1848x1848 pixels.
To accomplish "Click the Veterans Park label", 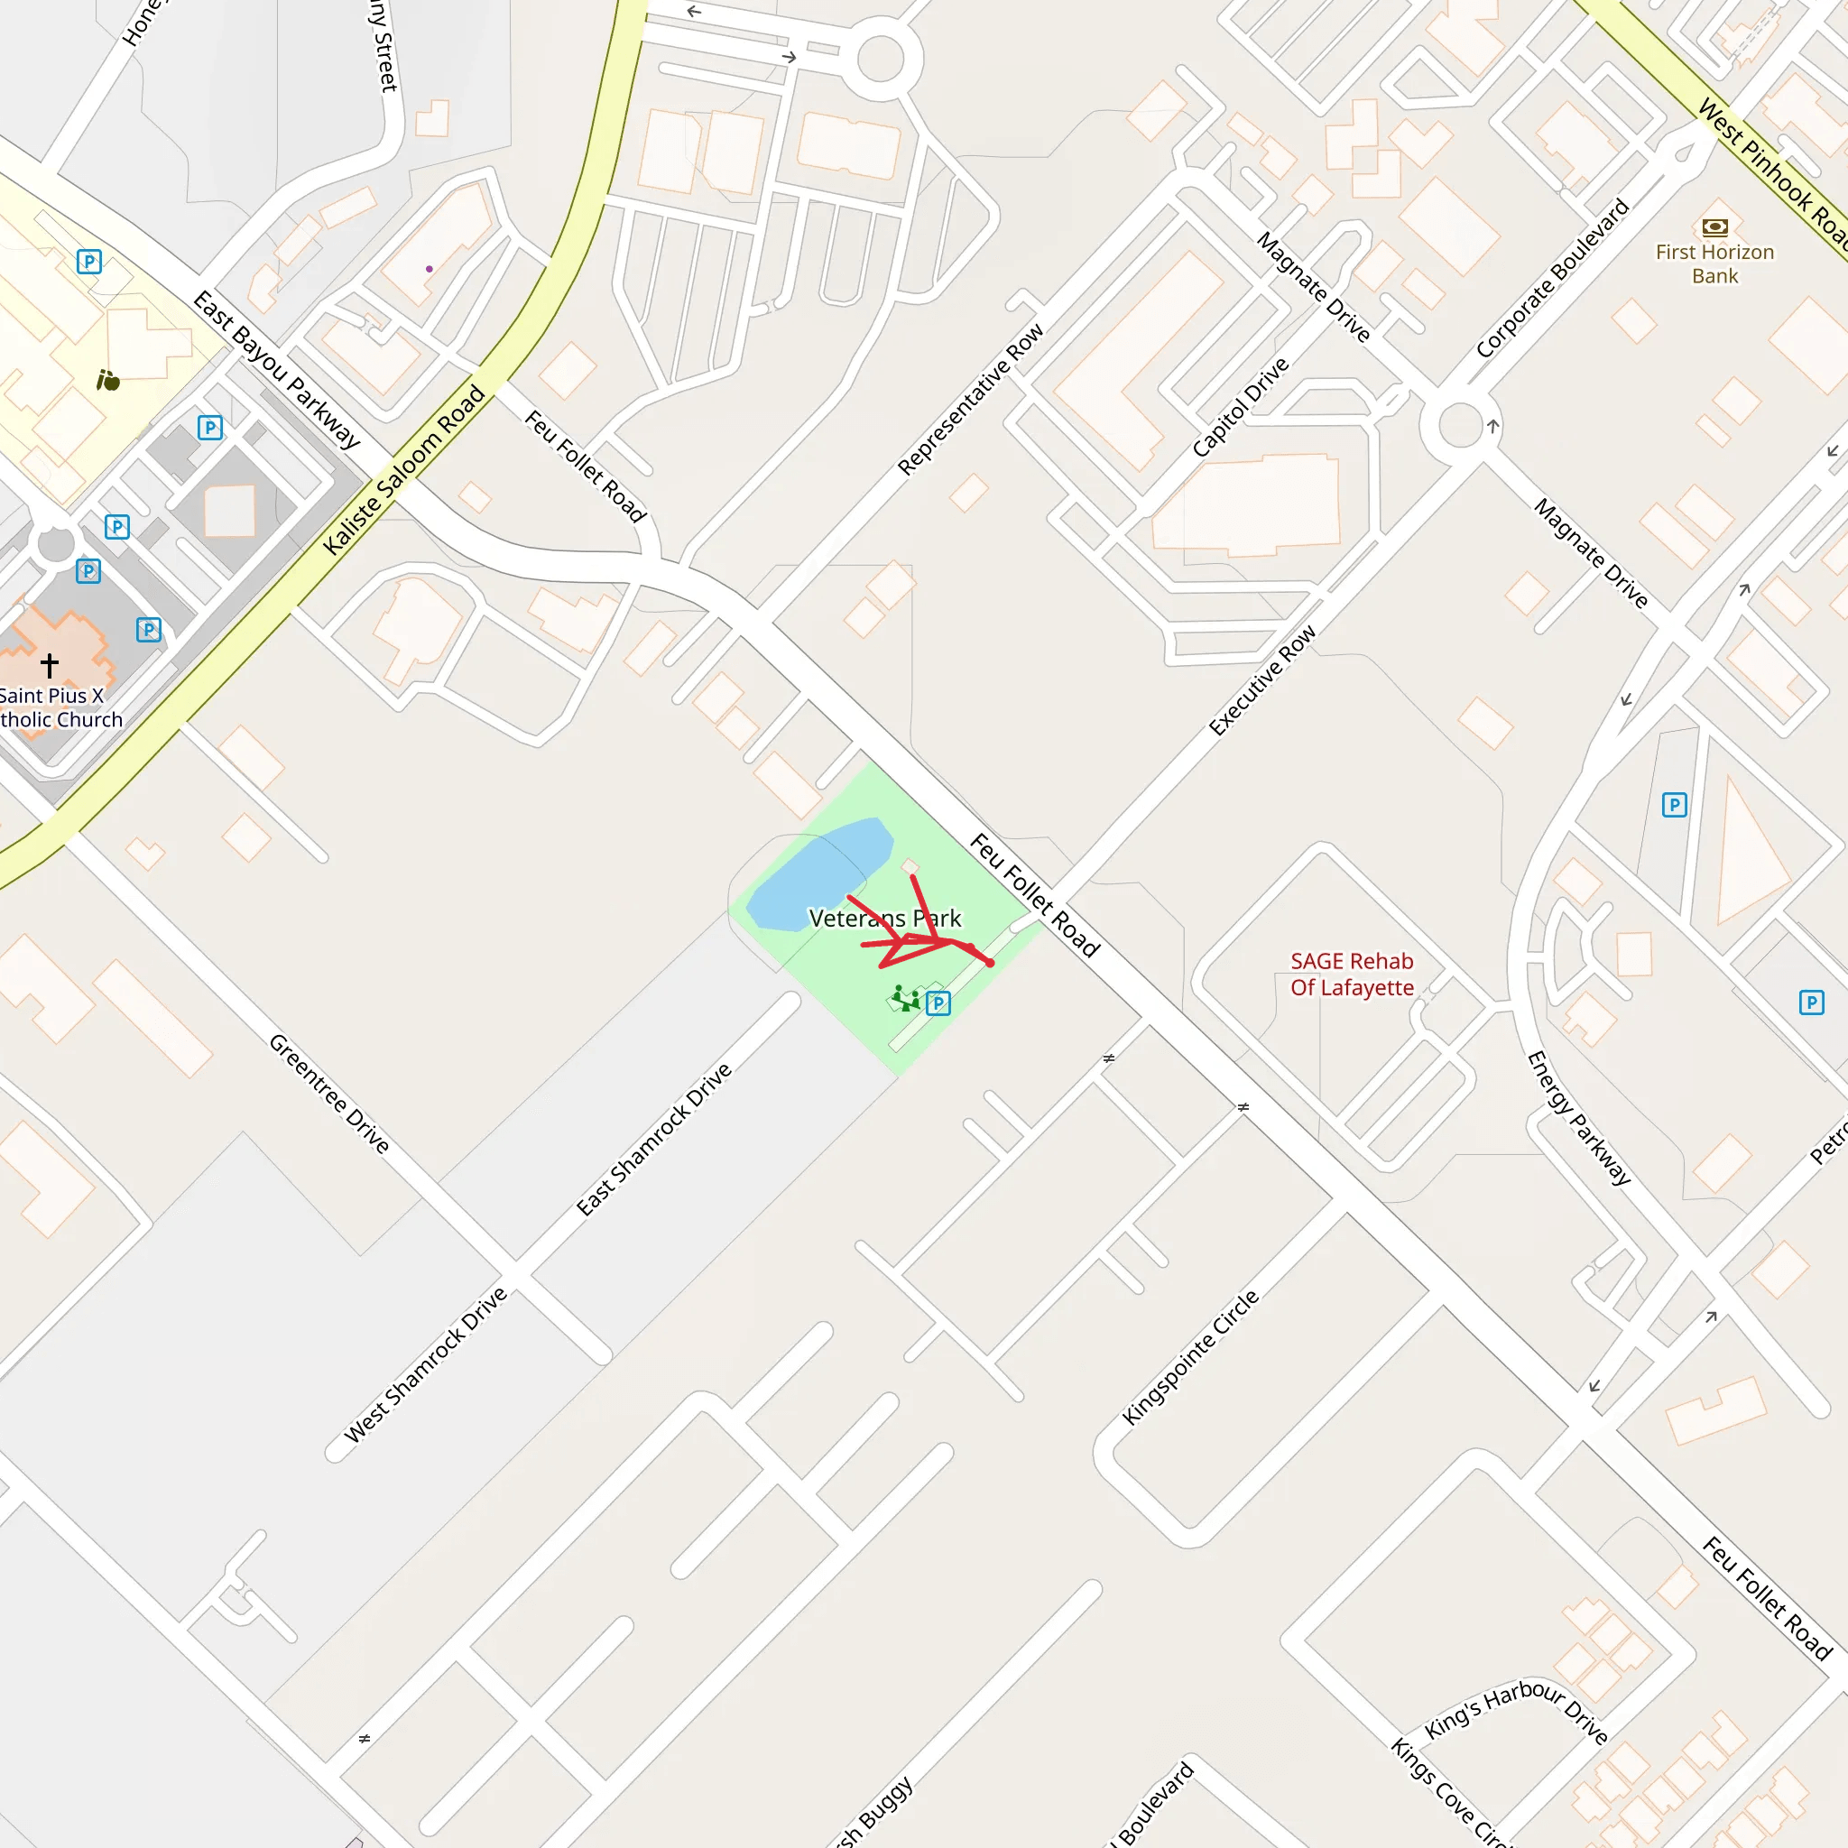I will click(885, 919).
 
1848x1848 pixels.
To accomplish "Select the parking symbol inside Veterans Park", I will click(938, 1003).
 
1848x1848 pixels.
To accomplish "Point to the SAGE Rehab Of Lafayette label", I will click(1352, 974).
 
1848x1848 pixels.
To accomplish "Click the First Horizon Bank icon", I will click(1715, 227).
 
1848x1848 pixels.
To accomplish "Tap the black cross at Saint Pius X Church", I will click(50, 664).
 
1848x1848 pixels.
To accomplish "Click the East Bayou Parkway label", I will click(276, 370).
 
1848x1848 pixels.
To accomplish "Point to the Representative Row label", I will click(971, 400).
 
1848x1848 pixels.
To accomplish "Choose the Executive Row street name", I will click(1261, 680).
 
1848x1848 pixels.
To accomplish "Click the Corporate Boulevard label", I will click(1551, 278).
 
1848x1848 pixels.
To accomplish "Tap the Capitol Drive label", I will click(1240, 408).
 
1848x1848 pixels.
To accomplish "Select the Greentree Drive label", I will click(329, 1094).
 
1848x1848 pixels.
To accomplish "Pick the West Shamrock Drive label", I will click(426, 1365).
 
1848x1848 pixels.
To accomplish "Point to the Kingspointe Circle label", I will click(1190, 1358).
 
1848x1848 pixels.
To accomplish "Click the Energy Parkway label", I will click(1578, 1118).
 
